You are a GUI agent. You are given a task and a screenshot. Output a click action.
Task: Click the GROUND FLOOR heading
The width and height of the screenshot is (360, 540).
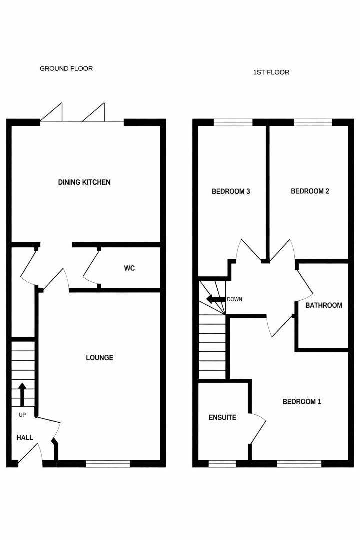pyautogui.click(x=66, y=68)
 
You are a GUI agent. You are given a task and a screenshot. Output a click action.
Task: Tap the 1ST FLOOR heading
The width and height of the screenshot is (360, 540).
pyautogui.click(x=271, y=72)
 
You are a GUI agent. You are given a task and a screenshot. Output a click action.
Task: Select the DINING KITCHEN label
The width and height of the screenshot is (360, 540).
pyautogui.click(x=84, y=182)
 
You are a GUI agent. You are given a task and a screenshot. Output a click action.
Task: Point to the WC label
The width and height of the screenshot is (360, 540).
pyautogui.click(x=129, y=268)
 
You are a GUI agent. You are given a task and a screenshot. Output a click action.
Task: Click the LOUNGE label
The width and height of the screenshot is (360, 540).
pyautogui.click(x=100, y=358)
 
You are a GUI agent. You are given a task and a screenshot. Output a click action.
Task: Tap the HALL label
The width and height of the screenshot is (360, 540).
pyautogui.click(x=25, y=437)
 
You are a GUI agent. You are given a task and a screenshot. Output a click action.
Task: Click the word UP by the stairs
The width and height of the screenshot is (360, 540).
pyautogui.click(x=22, y=415)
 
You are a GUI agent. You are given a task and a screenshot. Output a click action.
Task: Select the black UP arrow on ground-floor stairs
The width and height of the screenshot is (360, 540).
pyautogui.click(x=22, y=394)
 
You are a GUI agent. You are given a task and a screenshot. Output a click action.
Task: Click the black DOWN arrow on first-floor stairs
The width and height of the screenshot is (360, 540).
pyautogui.click(x=216, y=300)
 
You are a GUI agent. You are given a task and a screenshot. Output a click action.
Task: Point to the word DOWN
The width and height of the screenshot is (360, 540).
pyautogui.click(x=234, y=300)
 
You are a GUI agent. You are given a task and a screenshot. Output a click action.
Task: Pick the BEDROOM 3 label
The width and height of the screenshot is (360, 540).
pyautogui.click(x=231, y=191)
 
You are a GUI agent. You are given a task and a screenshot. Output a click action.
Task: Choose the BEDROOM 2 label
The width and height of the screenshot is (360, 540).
pyautogui.click(x=310, y=191)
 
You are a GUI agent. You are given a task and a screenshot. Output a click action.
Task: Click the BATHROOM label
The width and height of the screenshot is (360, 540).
pyautogui.click(x=324, y=305)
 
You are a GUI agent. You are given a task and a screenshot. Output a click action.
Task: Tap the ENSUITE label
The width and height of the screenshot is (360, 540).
pyautogui.click(x=222, y=417)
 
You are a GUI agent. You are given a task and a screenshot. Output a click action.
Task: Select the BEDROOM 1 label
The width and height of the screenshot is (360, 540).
pyautogui.click(x=302, y=401)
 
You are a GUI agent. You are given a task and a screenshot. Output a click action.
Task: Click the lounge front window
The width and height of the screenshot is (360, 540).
pyautogui.click(x=108, y=464)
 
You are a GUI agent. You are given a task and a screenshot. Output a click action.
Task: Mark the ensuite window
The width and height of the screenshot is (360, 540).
pyautogui.click(x=222, y=464)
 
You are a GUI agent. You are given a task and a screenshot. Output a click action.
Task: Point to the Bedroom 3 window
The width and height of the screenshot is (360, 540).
pyautogui.click(x=233, y=121)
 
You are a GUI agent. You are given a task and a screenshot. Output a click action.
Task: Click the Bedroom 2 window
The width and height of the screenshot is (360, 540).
pyautogui.click(x=313, y=121)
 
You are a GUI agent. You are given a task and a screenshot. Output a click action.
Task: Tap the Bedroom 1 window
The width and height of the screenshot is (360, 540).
pyautogui.click(x=299, y=464)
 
